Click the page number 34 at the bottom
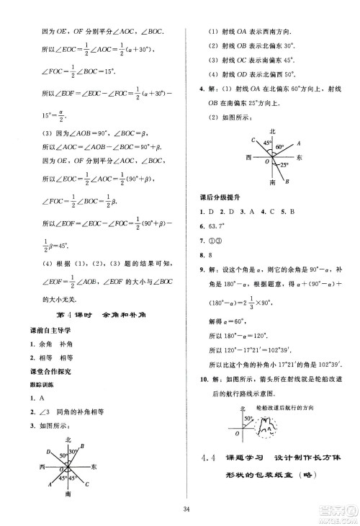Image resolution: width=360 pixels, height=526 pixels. click(186, 511)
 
